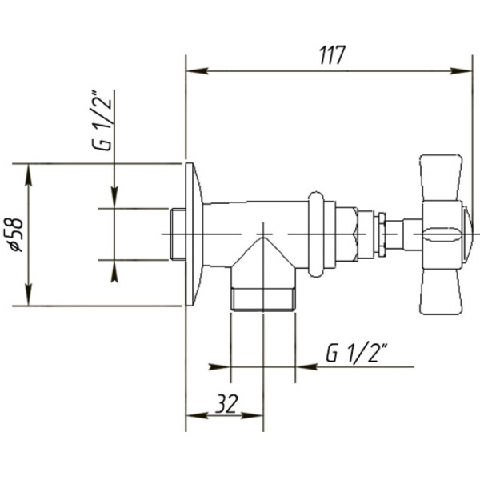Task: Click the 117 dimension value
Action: pyautogui.click(x=331, y=56)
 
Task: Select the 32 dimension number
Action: pyautogui.click(x=226, y=404)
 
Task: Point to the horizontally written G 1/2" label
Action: pyautogui.click(x=357, y=352)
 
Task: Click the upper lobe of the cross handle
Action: pyautogui.click(x=441, y=177)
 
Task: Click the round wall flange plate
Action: pyautogui.click(x=193, y=234)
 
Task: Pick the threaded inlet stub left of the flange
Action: pyautogui.click(x=178, y=234)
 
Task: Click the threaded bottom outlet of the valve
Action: pyautogui.click(x=263, y=298)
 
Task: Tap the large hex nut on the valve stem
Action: pyautogui.click(x=346, y=233)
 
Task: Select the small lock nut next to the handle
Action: pyautogui.click(x=382, y=233)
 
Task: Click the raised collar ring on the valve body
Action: pyautogui.click(x=318, y=233)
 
